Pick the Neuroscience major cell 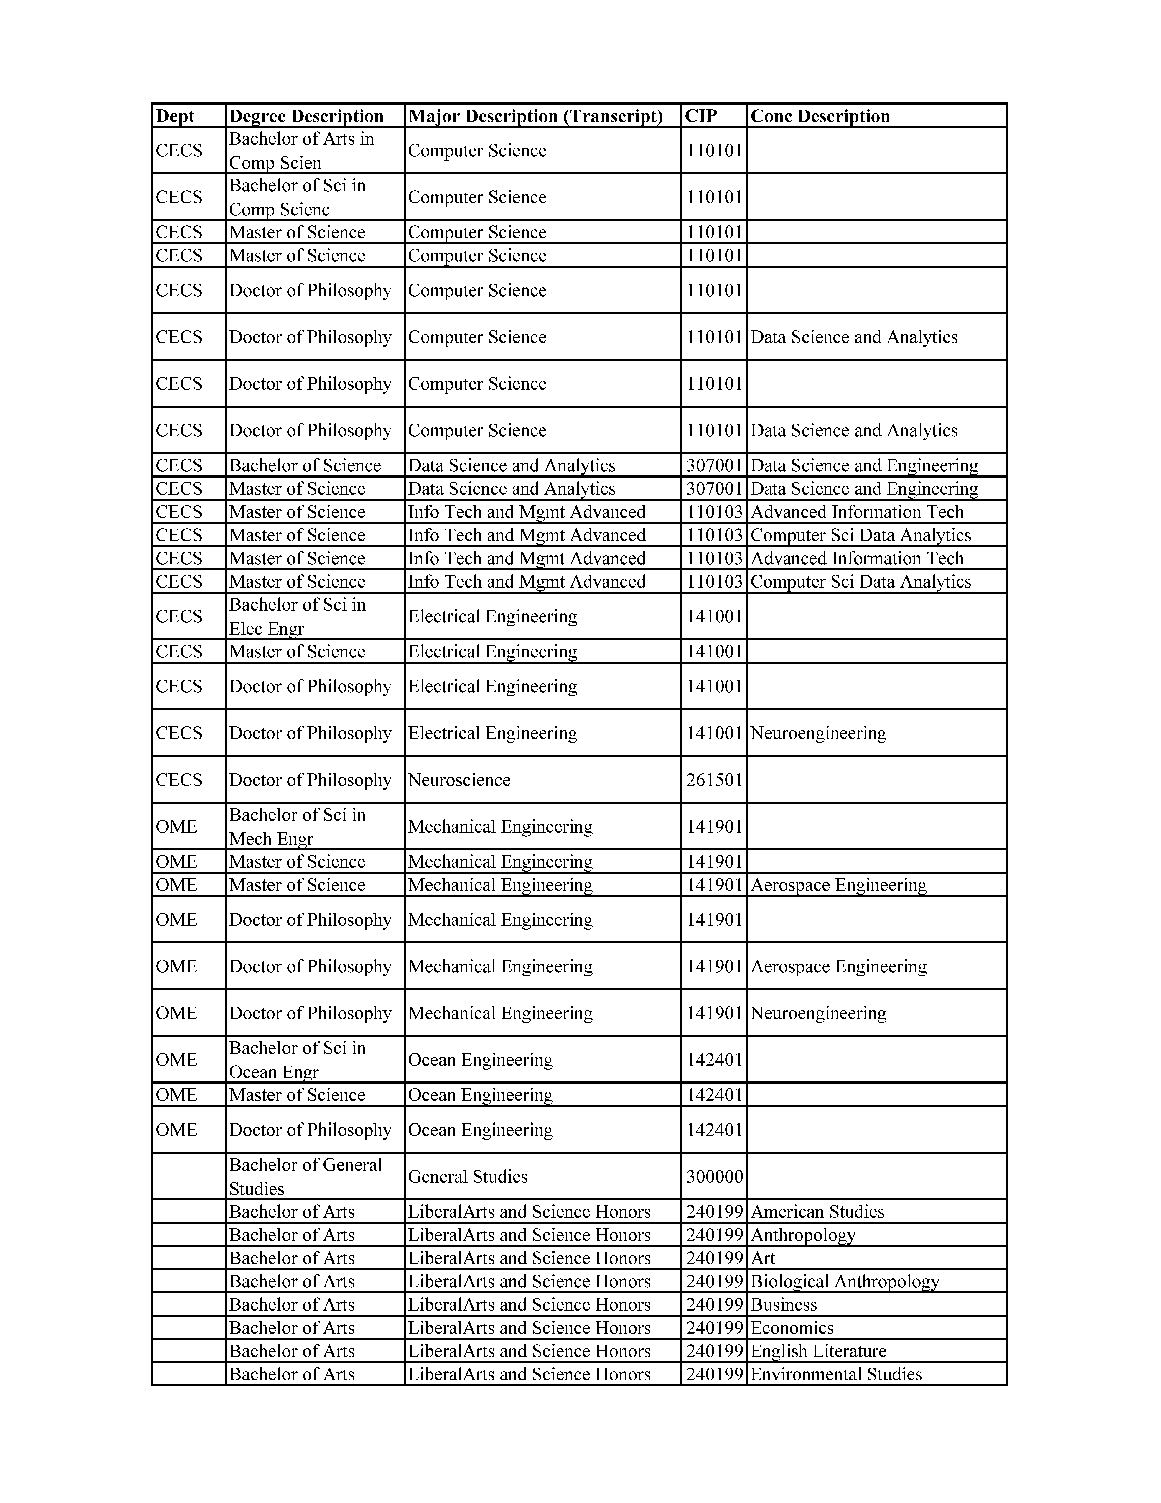click(x=459, y=780)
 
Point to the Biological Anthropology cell click(x=845, y=1281)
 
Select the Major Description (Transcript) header click(x=535, y=116)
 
